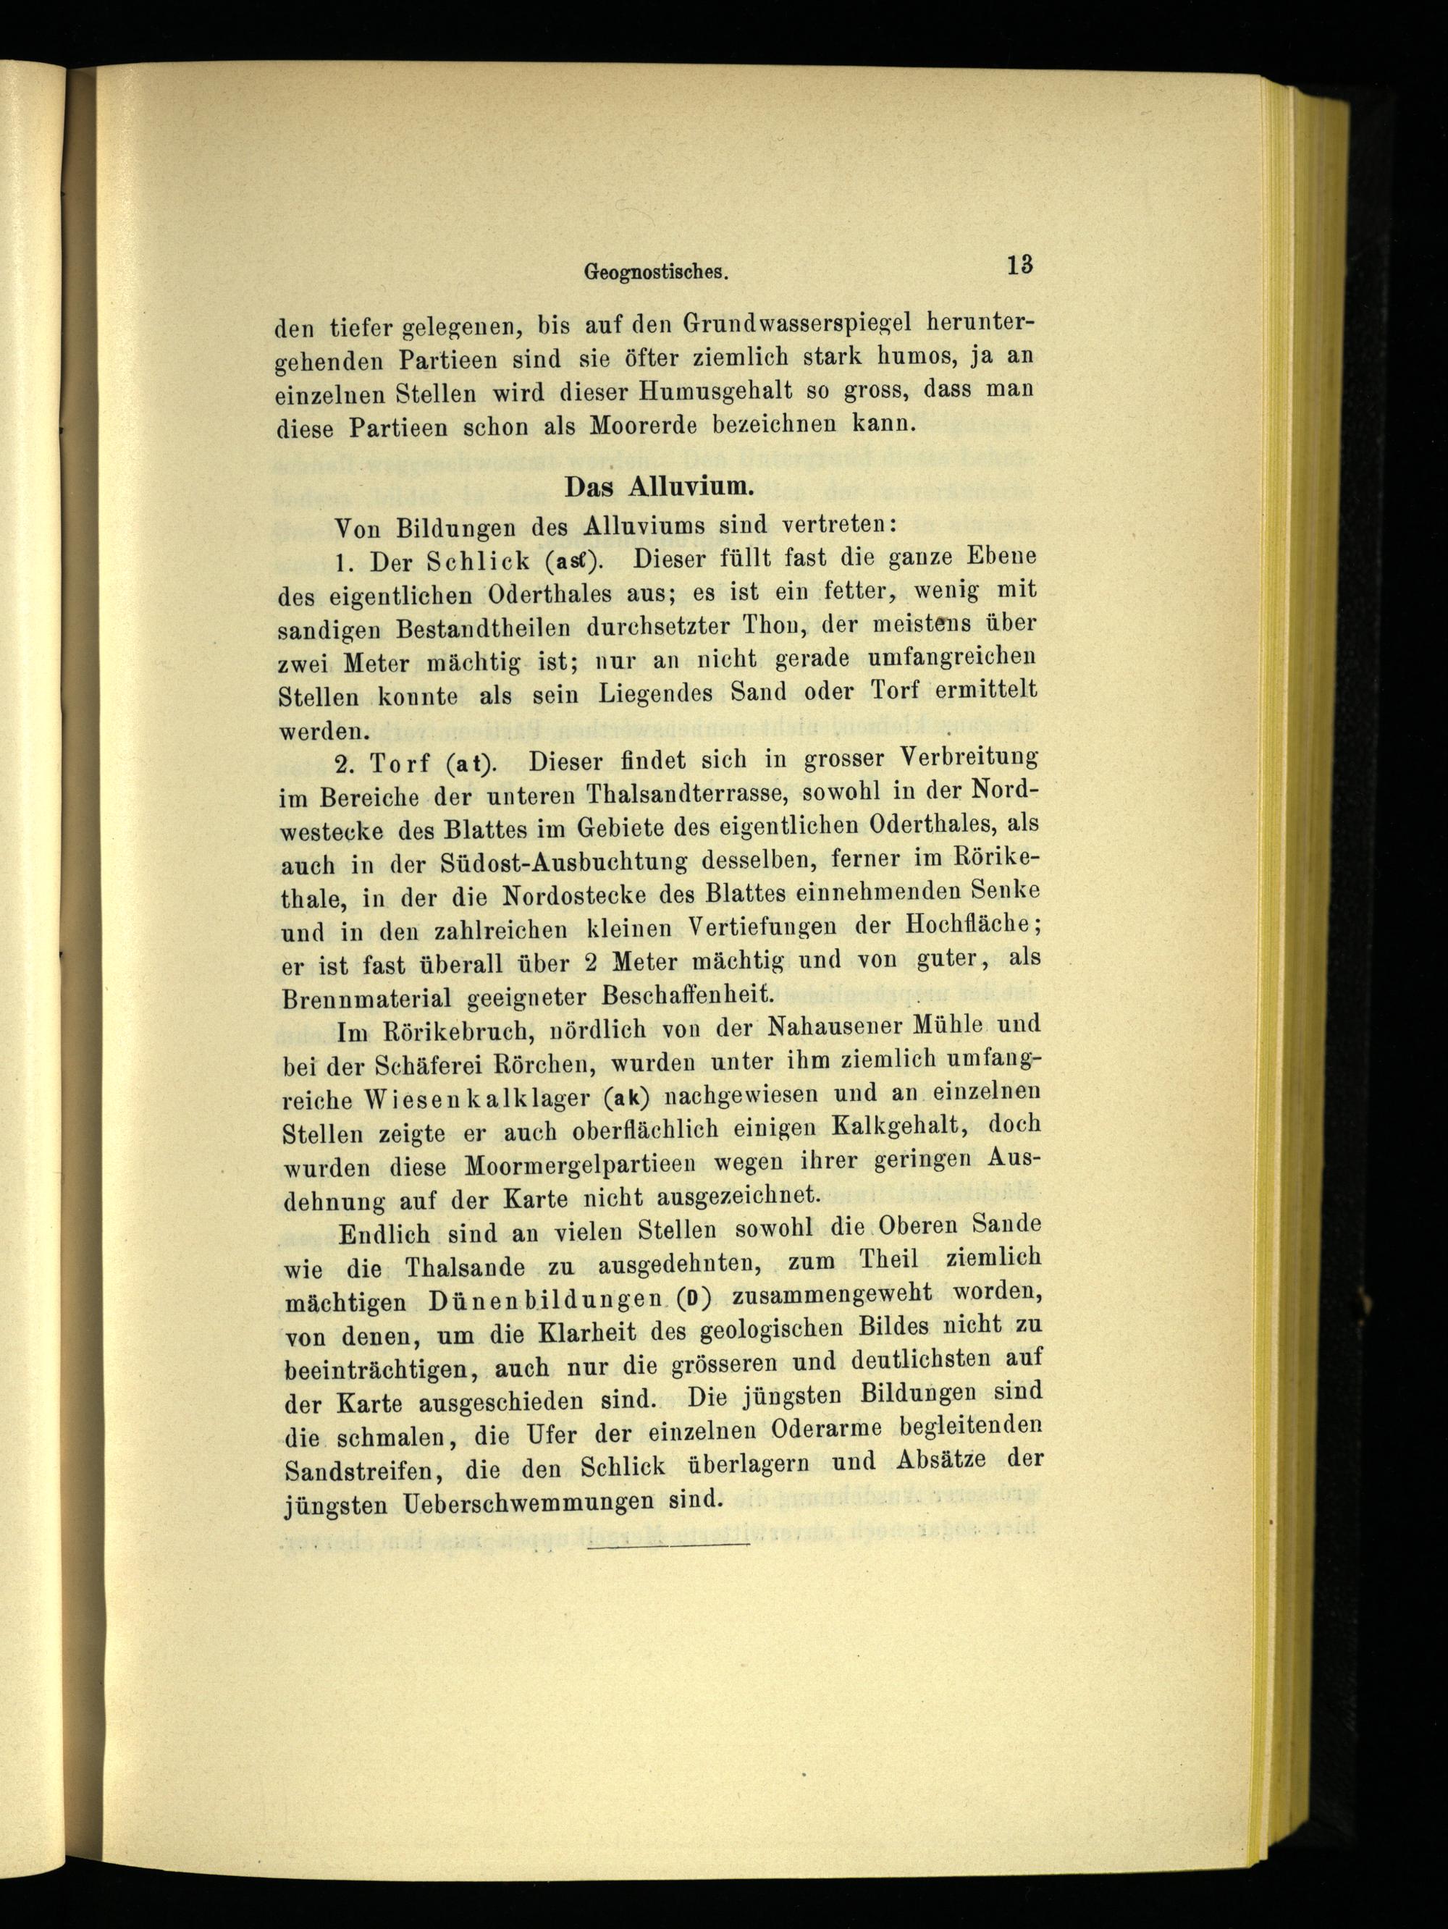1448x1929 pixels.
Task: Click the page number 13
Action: coord(1018,265)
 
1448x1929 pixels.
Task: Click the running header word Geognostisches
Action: coord(655,272)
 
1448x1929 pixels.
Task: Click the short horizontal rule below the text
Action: coord(669,1547)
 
